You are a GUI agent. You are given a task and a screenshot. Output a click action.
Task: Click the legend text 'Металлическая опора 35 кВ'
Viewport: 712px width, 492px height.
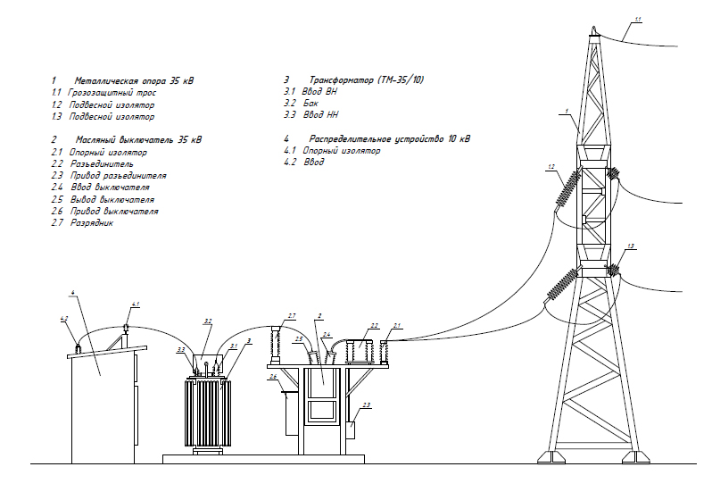click(134, 81)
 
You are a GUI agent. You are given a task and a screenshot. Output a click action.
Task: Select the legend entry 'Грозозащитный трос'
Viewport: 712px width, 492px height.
click(112, 93)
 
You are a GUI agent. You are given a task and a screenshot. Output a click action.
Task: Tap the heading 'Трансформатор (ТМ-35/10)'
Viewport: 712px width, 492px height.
click(366, 81)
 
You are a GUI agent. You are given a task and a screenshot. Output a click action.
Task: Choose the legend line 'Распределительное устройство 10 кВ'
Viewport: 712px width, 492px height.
click(389, 139)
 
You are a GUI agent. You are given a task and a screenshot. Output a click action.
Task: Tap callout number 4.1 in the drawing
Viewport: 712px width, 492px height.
click(135, 305)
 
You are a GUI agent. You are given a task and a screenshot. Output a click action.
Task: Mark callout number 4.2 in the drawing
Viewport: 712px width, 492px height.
click(63, 318)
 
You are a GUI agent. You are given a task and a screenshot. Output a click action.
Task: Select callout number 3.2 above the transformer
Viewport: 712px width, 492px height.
click(207, 320)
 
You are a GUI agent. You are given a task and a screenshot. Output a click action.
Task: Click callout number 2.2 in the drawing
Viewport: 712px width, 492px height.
click(375, 325)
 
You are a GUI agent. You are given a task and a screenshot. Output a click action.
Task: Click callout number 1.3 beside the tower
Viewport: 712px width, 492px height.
click(631, 246)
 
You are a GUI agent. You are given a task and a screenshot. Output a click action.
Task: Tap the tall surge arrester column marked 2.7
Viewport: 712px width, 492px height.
click(276, 345)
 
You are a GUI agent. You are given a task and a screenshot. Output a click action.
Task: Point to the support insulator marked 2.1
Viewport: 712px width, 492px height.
click(385, 352)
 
